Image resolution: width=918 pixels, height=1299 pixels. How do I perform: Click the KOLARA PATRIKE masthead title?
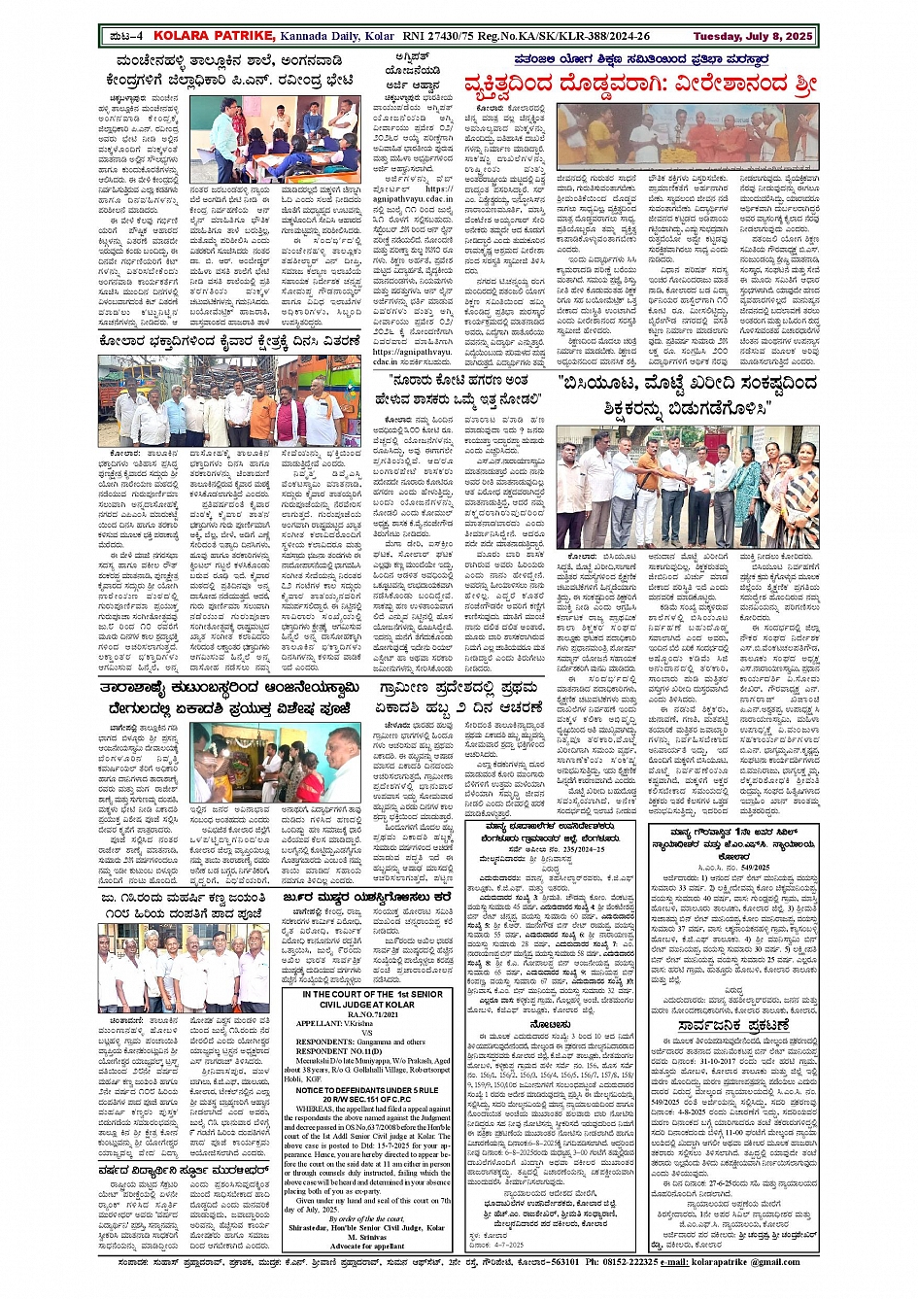click(210, 36)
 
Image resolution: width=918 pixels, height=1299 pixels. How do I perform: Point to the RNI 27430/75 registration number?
click(445, 36)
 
